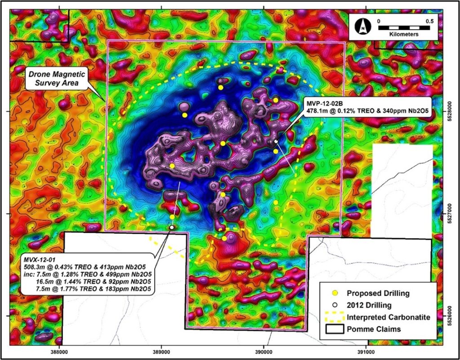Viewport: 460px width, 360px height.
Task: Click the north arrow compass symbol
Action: pos(362,27)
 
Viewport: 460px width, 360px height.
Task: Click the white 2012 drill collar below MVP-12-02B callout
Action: pos(276,141)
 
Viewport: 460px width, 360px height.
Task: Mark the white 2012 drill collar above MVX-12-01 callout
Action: pos(172,228)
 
